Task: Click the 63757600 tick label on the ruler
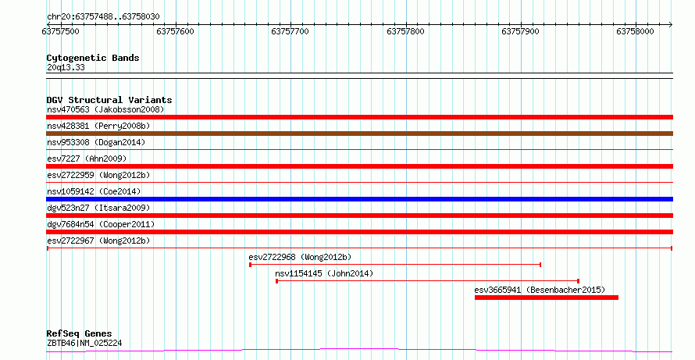176,31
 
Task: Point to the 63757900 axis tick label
520,31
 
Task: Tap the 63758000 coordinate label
635,31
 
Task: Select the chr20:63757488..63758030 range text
103,17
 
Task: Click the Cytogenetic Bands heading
93,58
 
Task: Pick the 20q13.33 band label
66,68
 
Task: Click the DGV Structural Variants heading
109,100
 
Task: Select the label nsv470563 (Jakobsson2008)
105,109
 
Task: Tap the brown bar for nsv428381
359,134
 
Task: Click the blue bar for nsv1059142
359,199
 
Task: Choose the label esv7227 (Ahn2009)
87,159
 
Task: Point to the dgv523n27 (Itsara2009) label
98,208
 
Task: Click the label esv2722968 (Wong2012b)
300,257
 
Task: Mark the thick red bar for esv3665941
547,298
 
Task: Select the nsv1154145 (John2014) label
324,273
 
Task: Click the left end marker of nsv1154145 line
277,281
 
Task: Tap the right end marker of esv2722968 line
540,265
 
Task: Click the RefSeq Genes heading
80,333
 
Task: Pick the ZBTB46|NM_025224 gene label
84,343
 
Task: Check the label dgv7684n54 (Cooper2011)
101,224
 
